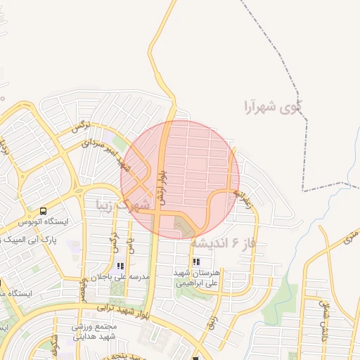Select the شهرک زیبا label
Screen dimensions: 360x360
[124, 205]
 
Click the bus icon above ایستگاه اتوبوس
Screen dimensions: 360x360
[44, 211]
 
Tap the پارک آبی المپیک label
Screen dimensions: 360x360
[32, 240]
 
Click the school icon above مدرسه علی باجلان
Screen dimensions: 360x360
[120, 266]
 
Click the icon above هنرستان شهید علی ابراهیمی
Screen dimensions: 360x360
[196, 261]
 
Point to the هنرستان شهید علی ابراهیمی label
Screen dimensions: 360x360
[198, 277]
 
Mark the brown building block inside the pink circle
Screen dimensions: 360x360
[182, 226]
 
